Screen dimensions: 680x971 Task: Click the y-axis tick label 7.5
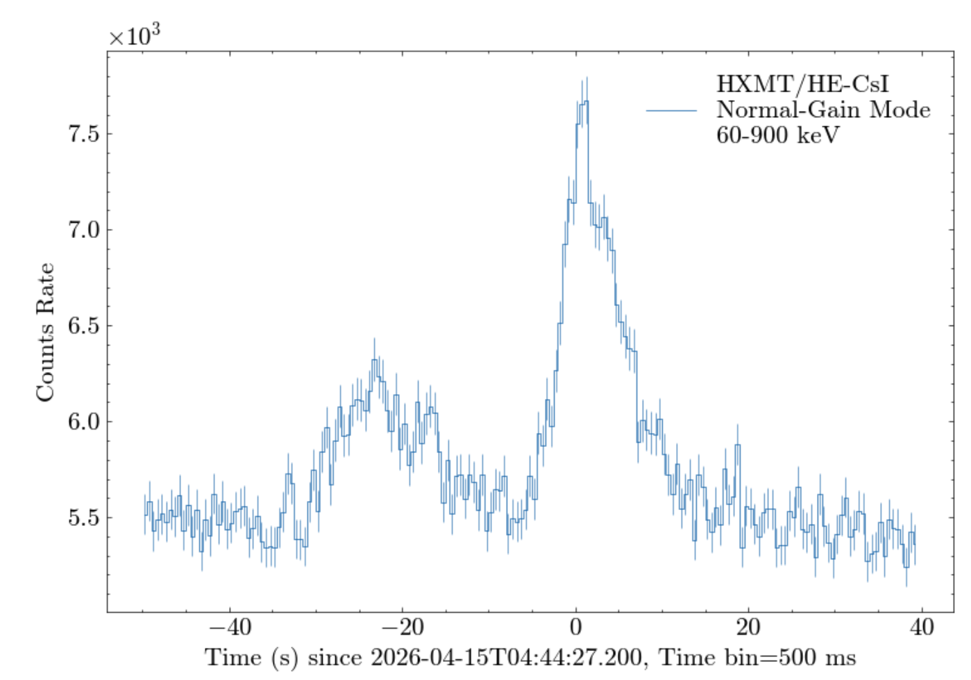click(x=83, y=134)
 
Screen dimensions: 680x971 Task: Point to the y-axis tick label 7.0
click(x=83, y=230)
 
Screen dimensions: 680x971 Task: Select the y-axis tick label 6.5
click(x=83, y=325)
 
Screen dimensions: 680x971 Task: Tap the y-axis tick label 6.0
click(x=83, y=421)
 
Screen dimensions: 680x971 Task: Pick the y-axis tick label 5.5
click(x=83, y=518)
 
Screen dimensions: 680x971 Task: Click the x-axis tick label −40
click(x=230, y=627)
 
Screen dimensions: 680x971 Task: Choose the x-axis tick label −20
click(x=403, y=627)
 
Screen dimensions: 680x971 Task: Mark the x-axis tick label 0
click(x=575, y=627)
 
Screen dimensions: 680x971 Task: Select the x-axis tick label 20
click(x=748, y=627)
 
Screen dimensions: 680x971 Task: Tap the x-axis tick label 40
click(x=921, y=627)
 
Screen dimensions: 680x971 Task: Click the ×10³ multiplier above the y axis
click(x=135, y=35)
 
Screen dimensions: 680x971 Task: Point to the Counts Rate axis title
click(x=45, y=332)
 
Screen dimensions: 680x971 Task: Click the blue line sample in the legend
click(x=671, y=110)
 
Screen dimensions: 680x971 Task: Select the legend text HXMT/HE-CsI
click(x=802, y=84)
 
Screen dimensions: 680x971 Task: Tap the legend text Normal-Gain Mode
click(x=823, y=110)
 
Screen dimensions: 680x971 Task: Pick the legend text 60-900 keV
click(x=777, y=135)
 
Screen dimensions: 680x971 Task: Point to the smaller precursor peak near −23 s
click(x=375, y=360)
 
